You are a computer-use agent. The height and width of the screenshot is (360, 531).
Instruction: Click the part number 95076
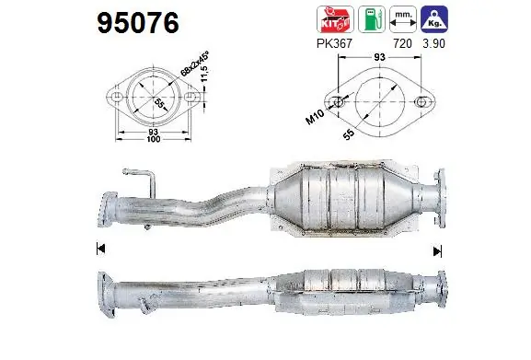click(x=137, y=21)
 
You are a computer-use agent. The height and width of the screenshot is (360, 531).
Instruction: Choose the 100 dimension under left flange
click(x=152, y=143)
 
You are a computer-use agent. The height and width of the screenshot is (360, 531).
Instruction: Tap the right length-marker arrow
click(x=438, y=249)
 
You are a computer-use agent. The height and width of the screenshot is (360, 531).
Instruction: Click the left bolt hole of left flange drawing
click(x=118, y=97)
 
